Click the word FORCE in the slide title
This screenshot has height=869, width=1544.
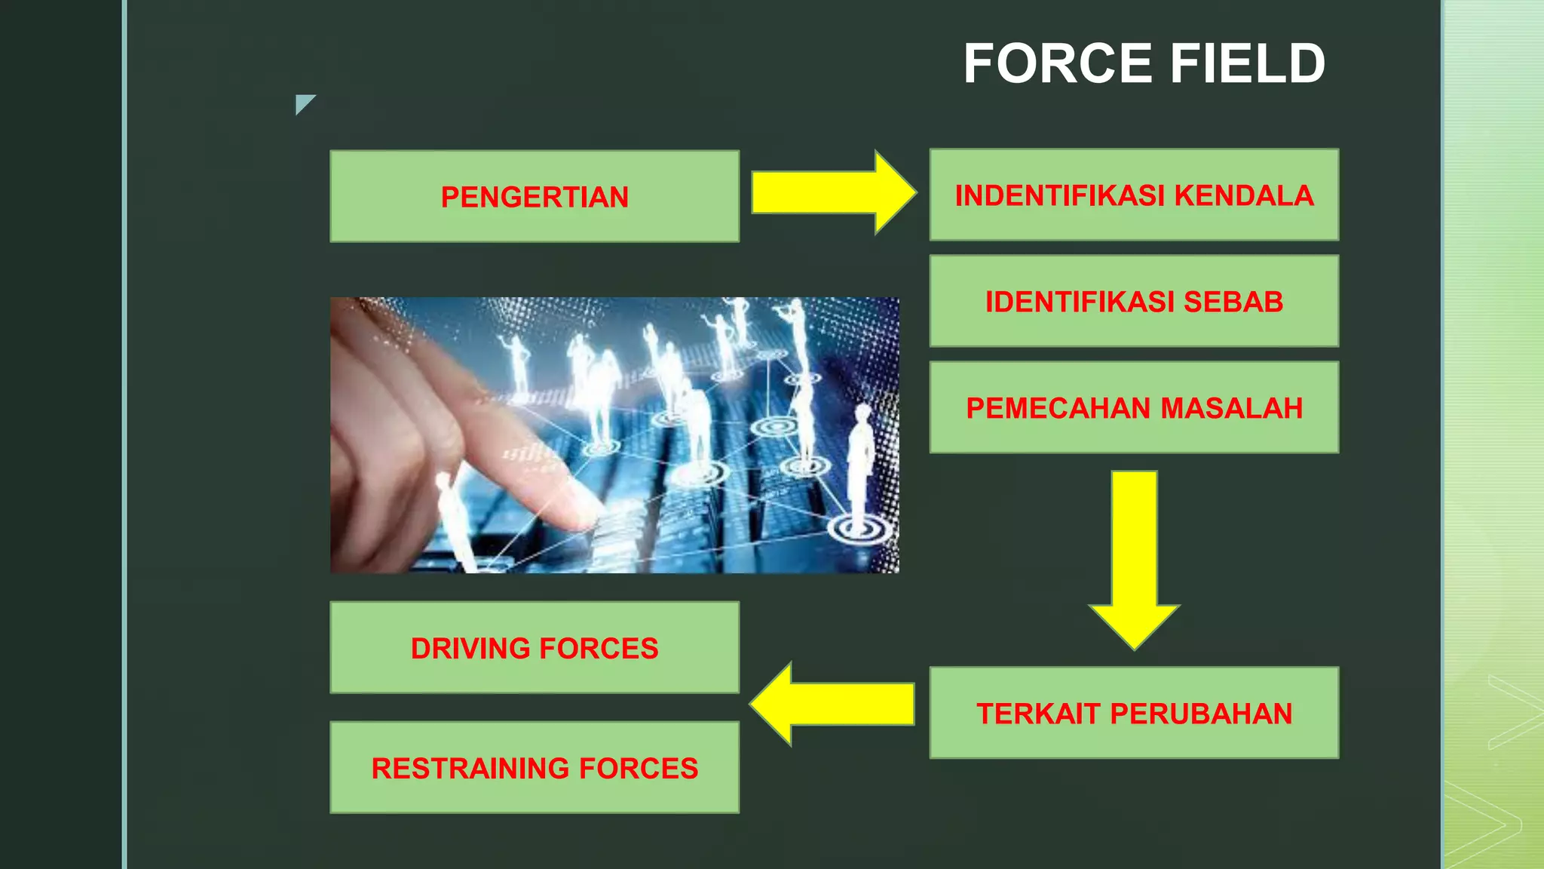pyautogui.click(x=1058, y=63)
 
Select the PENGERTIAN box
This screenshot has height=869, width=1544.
pyautogui.click(x=535, y=196)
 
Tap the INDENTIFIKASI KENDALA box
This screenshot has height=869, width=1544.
pyautogui.click(x=1134, y=195)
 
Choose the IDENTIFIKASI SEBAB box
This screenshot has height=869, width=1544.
pyautogui.click(x=1134, y=301)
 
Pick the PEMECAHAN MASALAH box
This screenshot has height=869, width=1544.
pyautogui.click(x=1134, y=407)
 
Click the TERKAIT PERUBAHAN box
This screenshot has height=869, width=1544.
pyautogui.click(x=1134, y=713)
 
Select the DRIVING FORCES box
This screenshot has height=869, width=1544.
pyautogui.click(x=535, y=647)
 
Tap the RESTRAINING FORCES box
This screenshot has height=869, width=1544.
pyautogui.click(x=535, y=767)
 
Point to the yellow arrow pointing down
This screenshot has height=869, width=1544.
pyautogui.click(x=1134, y=558)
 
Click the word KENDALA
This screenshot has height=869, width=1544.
pyautogui.click(x=1244, y=195)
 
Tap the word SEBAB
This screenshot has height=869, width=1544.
pyautogui.click(x=1233, y=302)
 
